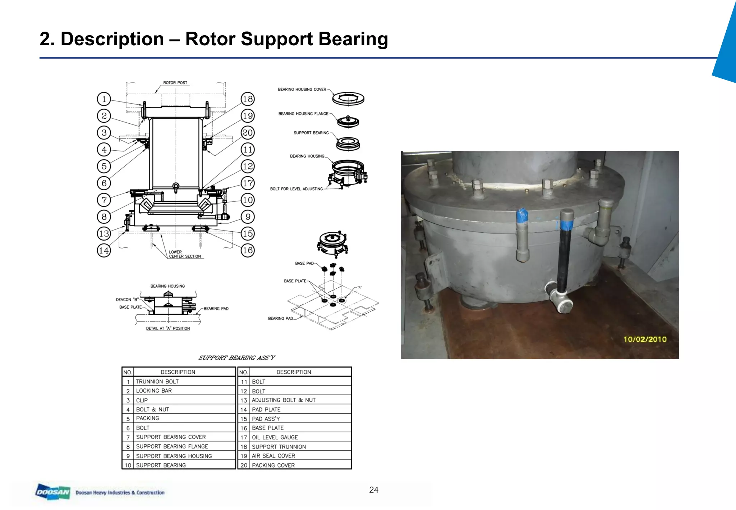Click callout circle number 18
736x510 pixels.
[x=248, y=99]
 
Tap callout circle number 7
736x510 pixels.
[x=104, y=200]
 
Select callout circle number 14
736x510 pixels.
[x=104, y=250]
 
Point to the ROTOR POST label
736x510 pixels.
[x=175, y=83]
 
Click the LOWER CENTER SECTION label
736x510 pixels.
[x=184, y=254]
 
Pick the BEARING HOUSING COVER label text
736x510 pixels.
[x=302, y=89]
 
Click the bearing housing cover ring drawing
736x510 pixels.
[x=348, y=98]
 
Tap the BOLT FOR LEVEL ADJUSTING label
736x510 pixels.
[x=296, y=189]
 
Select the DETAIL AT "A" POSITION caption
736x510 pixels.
[x=168, y=328]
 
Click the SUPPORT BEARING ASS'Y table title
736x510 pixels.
[x=236, y=358]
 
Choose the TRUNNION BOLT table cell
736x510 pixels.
[x=157, y=382]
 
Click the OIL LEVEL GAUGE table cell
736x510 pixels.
[x=275, y=437]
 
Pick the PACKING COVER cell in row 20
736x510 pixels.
[x=273, y=465]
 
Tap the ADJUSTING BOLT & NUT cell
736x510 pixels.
[x=284, y=400]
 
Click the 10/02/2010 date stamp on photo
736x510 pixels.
[x=645, y=339]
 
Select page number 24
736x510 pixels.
[x=374, y=489]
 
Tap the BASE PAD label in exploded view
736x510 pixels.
[x=304, y=263]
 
